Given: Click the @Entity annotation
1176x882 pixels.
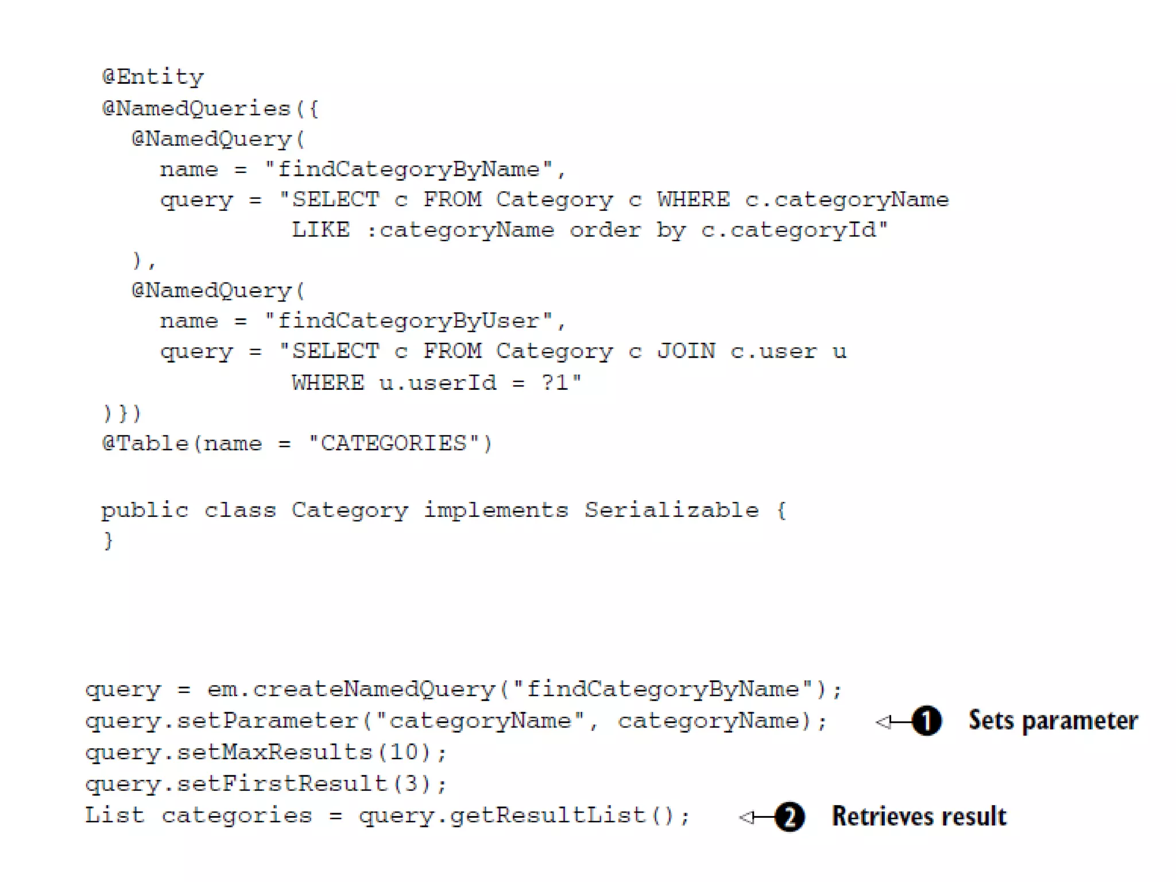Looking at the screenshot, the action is tap(153, 77).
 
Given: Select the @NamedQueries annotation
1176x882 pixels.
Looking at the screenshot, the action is tap(196, 109).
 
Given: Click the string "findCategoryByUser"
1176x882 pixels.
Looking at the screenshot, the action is tap(408, 320).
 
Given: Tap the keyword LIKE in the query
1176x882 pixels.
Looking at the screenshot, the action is tap(320, 230).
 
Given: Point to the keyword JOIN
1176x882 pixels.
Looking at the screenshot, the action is tap(686, 351).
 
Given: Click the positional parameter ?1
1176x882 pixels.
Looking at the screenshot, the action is tap(555, 382).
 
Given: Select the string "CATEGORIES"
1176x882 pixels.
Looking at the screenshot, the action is tap(394, 443).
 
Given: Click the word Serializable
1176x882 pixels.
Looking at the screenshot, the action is tap(672, 510).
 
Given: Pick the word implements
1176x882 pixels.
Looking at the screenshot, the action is tap(496, 510).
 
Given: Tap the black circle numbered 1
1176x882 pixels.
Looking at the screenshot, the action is tap(926, 721).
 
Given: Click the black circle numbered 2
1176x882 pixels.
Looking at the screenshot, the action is tap(790, 817).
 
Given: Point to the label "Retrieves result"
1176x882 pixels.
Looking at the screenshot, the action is tap(919, 817).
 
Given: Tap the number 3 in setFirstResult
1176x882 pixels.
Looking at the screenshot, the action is tap(411, 784).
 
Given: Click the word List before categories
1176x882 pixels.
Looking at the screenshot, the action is tap(114, 815).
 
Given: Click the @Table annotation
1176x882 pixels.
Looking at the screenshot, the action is tap(145, 443).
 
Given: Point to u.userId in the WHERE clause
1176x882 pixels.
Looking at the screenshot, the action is tap(438, 382).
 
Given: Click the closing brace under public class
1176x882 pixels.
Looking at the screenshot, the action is tap(107, 540).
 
